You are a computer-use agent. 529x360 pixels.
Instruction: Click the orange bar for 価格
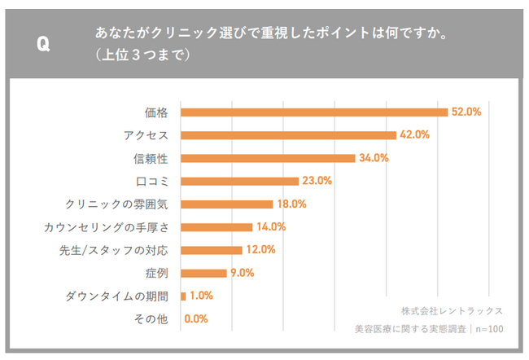pos(314,112)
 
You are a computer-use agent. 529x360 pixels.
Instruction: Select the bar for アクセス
pos(288,134)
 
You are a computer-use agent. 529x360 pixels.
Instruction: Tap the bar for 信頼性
pos(268,158)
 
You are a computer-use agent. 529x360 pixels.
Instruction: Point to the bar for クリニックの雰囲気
pos(226,204)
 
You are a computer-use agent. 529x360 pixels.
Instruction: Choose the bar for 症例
pos(203,273)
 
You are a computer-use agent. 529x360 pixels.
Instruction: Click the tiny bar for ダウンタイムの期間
pos(183,296)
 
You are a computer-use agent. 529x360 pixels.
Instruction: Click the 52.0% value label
pos(467,112)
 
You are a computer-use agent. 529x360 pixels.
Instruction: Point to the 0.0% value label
pos(197,319)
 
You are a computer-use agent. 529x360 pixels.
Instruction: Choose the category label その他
pos(151,319)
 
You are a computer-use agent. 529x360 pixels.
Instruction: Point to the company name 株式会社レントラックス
pos(452,310)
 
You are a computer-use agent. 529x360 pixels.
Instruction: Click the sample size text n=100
pos(489,329)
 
